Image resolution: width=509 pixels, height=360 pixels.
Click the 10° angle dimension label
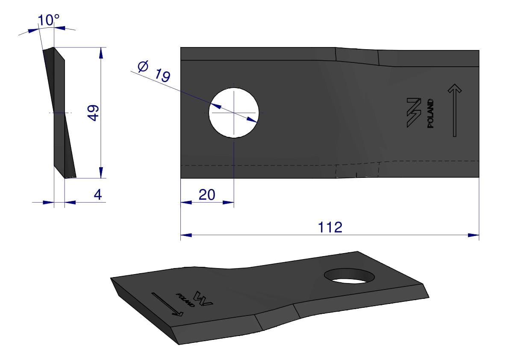pos(48,20)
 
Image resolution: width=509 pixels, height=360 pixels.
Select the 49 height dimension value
pos(94,113)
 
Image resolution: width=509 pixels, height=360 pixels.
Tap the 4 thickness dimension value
pos(98,195)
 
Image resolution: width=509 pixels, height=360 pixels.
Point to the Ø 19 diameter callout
pos(154,71)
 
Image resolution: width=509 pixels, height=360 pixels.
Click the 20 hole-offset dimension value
pos(207,195)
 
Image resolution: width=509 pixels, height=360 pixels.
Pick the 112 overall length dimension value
pos(330,227)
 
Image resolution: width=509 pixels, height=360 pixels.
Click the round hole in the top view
pos(234,112)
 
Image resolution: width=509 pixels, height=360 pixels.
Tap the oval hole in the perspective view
pos(349,276)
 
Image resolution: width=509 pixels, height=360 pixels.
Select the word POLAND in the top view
pos(430,113)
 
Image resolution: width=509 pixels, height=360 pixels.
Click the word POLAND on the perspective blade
pos(185,300)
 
